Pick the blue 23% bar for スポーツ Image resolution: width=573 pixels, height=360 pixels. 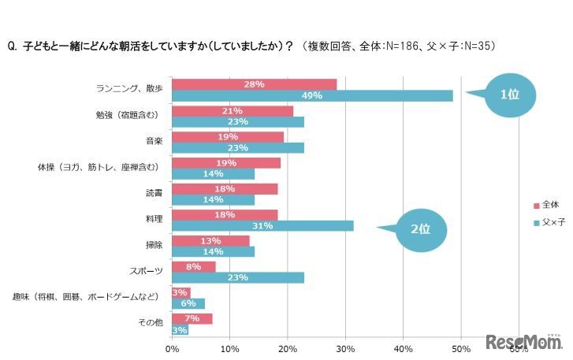click(237, 277)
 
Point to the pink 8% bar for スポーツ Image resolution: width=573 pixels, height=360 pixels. click(193, 266)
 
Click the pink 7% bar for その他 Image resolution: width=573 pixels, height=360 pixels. click(192, 318)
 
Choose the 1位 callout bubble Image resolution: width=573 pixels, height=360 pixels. click(509, 94)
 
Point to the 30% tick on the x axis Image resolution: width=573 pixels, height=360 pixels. click(345, 347)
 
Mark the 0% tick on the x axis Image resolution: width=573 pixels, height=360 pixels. click(172, 347)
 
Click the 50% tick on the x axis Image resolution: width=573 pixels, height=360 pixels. click(461, 347)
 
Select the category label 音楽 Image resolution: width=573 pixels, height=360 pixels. click(154, 142)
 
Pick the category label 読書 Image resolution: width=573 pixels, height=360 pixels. click(154, 194)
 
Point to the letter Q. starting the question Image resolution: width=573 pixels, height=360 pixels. click(12, 46)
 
